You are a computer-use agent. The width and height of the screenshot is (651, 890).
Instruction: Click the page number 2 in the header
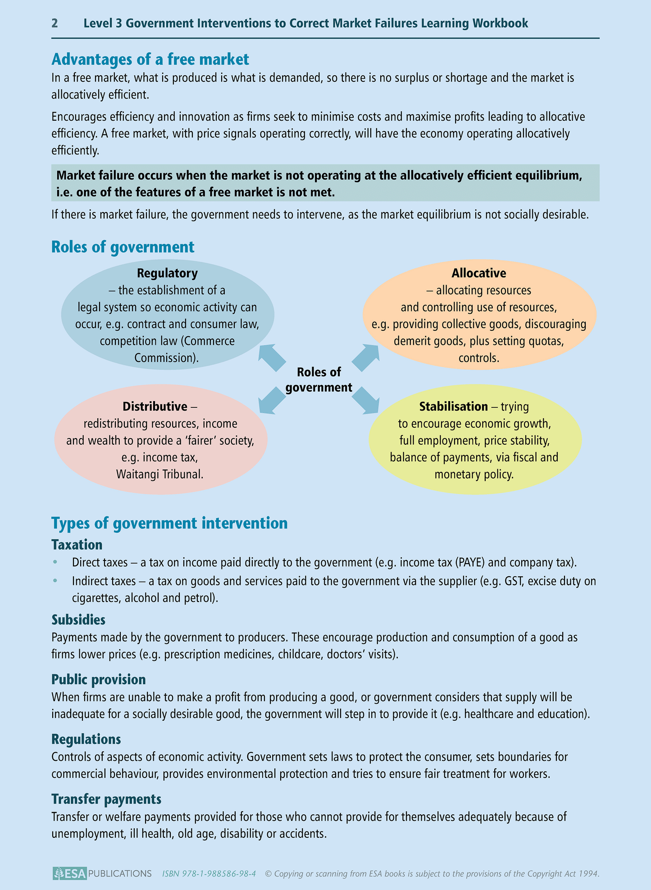(55, 23)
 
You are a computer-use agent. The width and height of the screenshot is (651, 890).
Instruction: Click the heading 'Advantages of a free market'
(150, 59)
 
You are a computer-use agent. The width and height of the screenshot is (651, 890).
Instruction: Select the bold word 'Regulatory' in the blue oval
(167, 273)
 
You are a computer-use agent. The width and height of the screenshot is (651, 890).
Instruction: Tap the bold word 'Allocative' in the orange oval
(479, 273)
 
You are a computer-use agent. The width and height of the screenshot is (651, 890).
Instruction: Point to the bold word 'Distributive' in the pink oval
(155, 407)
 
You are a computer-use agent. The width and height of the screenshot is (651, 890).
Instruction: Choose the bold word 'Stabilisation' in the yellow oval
(453, 407)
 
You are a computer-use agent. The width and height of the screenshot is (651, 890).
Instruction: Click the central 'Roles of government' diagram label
(319, 379)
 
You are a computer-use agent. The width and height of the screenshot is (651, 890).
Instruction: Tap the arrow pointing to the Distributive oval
(272, 399)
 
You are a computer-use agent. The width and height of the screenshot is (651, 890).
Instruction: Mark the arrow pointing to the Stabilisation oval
(365, 401)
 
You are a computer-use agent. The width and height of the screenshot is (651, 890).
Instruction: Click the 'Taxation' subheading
(77, 545)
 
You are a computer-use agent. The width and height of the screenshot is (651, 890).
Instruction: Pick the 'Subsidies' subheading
(78, 620)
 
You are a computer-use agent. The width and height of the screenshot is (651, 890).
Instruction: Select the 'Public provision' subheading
(99, 679)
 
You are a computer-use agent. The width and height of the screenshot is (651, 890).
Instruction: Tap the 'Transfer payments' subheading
(106, 799)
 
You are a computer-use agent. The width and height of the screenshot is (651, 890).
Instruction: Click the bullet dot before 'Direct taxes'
(55, 562)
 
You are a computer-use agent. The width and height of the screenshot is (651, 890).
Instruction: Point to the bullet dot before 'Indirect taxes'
(55, 581)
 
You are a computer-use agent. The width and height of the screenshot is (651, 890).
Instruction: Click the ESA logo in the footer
(69, 873)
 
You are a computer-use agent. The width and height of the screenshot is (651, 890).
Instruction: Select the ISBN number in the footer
(209, 874)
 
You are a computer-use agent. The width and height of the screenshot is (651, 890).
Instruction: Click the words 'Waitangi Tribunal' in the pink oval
(160, 474)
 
